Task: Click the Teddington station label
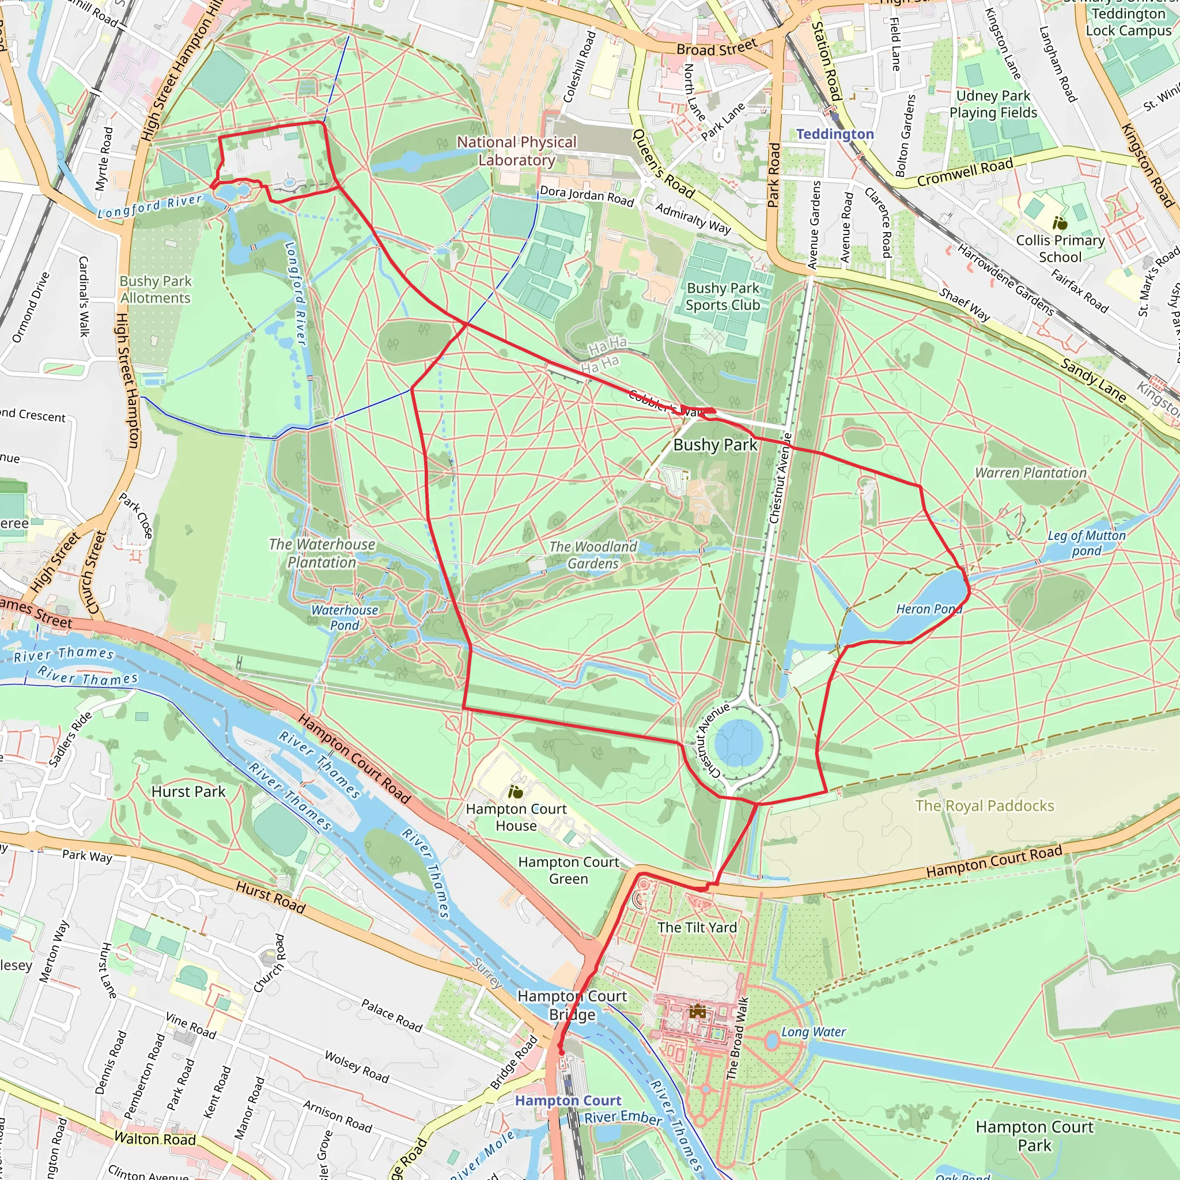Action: coord(834,134)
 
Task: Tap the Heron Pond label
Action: coord(928,609)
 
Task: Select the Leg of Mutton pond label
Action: coord(1087,543)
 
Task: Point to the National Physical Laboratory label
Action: coord(517,151)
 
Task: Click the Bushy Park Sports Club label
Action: coord(723,296)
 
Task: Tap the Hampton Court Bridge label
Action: coord(572,1005)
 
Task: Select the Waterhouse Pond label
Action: coord(345,618)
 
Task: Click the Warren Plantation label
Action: coord(1030,472)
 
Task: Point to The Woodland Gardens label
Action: coord(592,555)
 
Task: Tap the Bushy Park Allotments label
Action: coord(155,289)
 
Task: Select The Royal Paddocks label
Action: coord(984,805)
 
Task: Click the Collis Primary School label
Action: coord(1060,248)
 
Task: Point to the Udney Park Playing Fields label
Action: coord(993,104)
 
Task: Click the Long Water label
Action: coord(813,1031)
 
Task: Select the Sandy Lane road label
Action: coord(1093,380)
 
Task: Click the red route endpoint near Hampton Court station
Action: coord(561,1051)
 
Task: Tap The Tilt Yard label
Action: coord(697,927)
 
